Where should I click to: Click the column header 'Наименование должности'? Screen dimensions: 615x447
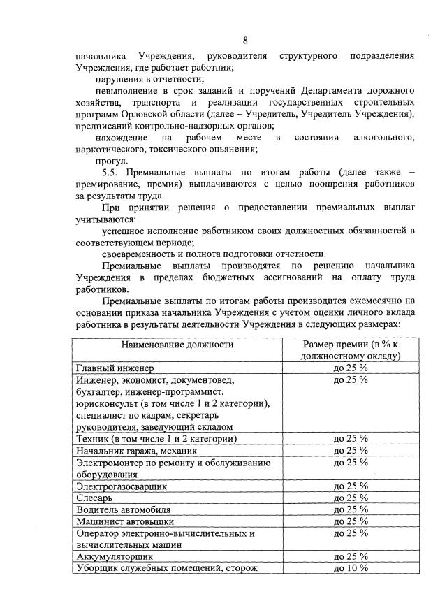[x=177, y=345]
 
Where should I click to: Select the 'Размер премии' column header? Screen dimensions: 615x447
[x=351, y=350]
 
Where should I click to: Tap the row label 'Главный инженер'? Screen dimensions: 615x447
[x=115, y=368]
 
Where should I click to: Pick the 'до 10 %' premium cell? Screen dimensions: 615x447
[x=351, y=568]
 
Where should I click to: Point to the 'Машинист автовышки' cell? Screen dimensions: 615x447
[x=125, y=521]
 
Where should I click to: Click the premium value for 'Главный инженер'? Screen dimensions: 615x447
[x=351, y=368]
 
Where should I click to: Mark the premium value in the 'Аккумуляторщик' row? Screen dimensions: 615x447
[x=351, y=556]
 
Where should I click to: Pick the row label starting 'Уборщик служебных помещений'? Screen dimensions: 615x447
[x=167, y=568]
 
